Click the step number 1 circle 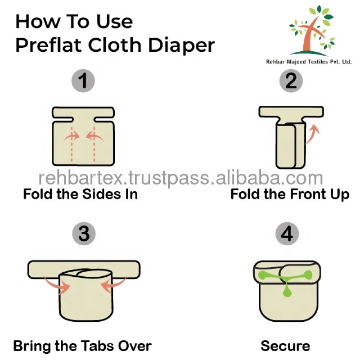[83, 81]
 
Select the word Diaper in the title [183, 45]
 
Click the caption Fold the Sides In [80, 194]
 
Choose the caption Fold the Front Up [290, 194]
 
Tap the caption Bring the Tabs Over [82, 346]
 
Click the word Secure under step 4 [285, 346]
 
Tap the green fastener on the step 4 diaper [286, 281]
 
